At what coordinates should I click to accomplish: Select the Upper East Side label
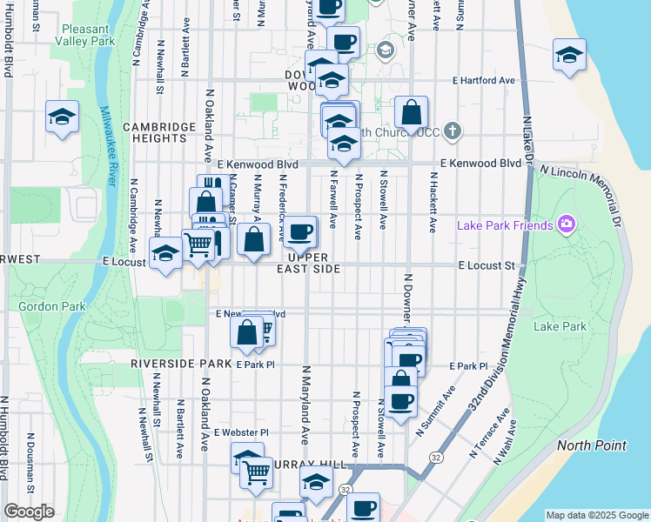point(308,264)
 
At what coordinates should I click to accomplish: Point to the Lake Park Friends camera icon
point(567,225)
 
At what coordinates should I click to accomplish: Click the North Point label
point(591,445)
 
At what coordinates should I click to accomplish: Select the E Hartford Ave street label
point(483,80)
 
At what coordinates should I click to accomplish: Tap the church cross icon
point(451,132)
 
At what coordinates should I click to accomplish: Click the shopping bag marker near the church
point(411,112)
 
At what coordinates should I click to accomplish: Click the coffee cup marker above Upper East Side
point(300,231)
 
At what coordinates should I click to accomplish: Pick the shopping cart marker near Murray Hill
point(256,472)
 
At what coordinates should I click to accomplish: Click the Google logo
point(28,512)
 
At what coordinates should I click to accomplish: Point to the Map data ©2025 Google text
point(597,515)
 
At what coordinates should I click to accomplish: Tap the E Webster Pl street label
point(241,432)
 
